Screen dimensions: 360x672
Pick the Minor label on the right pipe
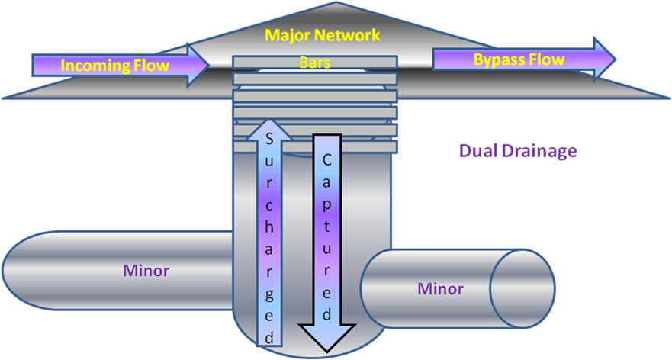[x=441, y=289]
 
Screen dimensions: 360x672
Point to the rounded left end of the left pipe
[x=15, y=270]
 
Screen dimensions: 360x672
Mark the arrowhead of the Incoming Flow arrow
[x=198, y=65]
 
